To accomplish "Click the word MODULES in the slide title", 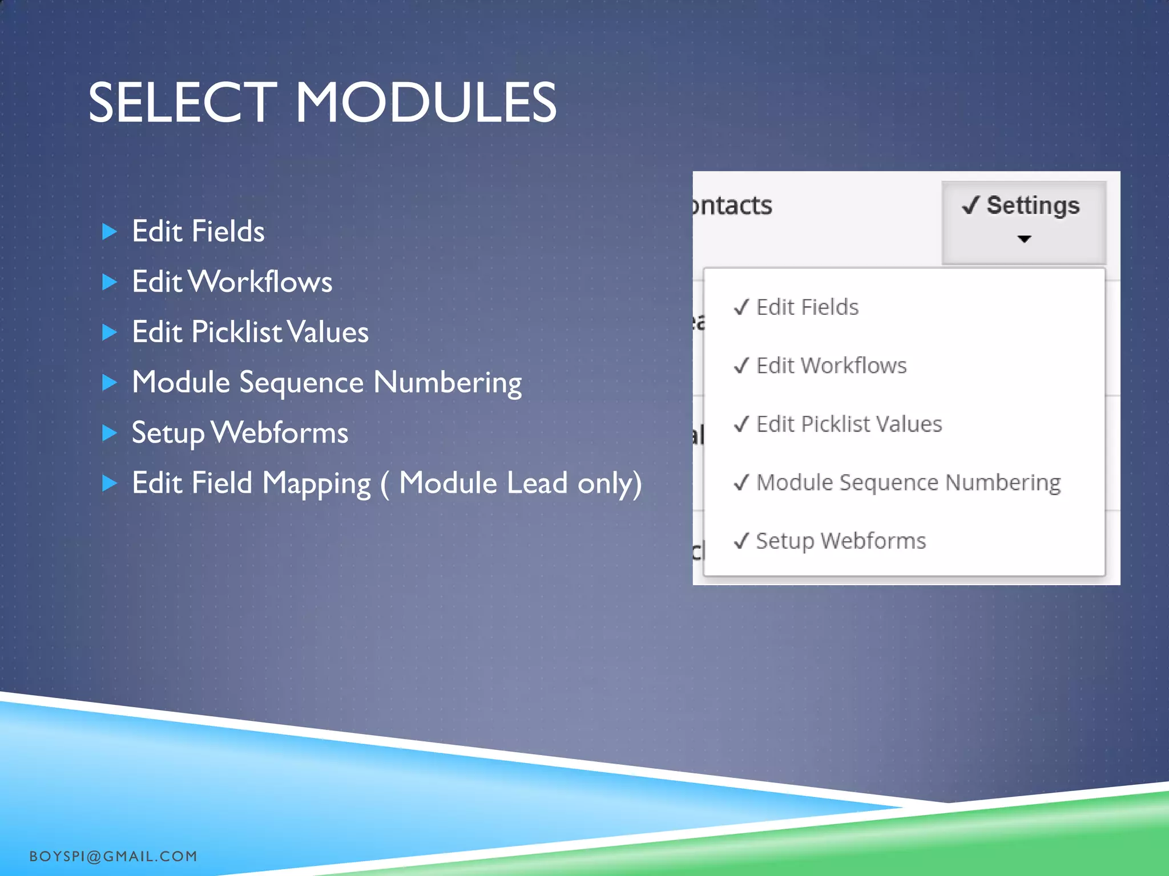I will (425, 103).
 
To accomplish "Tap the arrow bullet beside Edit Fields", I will (109, 232).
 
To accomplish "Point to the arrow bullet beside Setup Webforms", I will (109, 433).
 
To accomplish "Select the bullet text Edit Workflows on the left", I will (232, 282).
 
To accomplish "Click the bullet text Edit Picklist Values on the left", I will (250, 332).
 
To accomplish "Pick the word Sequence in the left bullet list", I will (301, 383).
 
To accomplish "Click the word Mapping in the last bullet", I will (316, 484).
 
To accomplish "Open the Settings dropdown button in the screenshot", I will (1023, 222).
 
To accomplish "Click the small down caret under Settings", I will (1024, 239).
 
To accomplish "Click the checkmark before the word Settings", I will (970, 205).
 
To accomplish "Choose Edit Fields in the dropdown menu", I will (807, 307).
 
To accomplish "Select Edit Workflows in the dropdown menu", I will (831, 366).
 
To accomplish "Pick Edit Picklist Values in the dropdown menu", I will (849, 424).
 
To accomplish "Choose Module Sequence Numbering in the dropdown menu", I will (908, 482).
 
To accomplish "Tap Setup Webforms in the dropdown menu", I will (841, 541).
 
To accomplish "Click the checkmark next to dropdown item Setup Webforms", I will (741, 541).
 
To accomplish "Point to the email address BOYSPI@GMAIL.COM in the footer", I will (113, 856).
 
